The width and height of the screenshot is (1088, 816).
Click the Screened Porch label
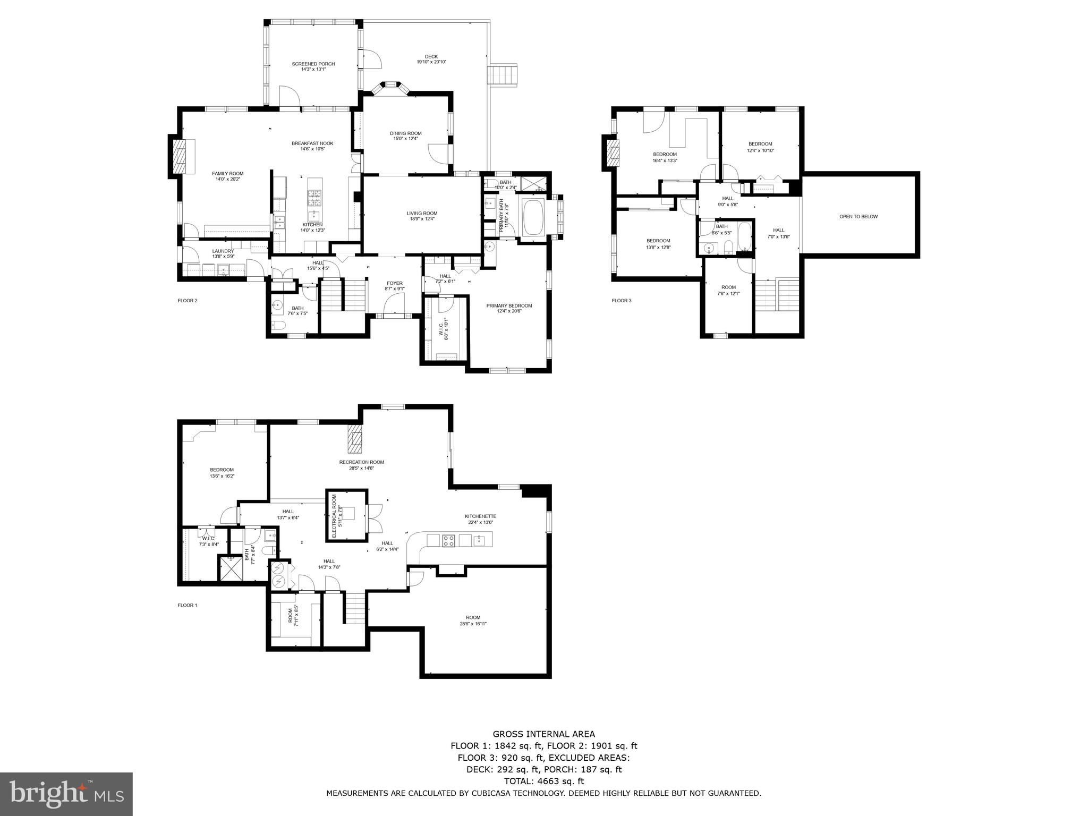(x=313, y=64)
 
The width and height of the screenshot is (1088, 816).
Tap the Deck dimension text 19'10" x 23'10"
(x=431, y=62)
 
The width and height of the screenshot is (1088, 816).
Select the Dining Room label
(x=405, y=133)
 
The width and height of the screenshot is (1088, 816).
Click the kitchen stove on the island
(x=314, y=198)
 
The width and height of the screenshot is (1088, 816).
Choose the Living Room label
(x=422, y=214)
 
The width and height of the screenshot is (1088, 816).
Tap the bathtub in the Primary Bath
(x=531, y=216)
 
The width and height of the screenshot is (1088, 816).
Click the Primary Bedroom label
(x=509, y=305)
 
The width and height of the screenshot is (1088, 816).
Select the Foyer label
(x=394, y=283)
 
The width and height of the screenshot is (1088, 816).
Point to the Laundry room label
(x=223, y=251)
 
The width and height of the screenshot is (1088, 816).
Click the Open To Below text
(x=858, y=216)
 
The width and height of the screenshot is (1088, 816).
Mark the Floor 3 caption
(x=622, y=301)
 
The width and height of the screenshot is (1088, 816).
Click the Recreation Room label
(x=361, y=462)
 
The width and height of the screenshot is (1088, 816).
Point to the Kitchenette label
(x=480, y=516)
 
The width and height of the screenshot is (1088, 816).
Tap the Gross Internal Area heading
(x=543, y=734)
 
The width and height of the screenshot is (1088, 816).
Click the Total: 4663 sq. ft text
(x=543, y=781)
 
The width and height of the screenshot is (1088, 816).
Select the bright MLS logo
(x=66, y=794)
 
